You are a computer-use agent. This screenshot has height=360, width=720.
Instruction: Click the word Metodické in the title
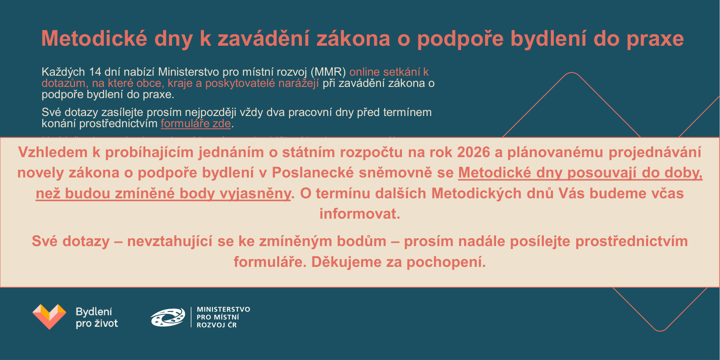pyautogui.click(x=94, y=38)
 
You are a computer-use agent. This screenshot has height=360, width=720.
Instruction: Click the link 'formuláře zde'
pyautogui.click(x=196, y=123)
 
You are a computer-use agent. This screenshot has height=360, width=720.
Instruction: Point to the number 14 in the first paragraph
pyautogui.click(x=95, y=72)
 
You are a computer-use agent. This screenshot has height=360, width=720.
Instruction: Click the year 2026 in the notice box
pyautogui.click(x=474, y=152)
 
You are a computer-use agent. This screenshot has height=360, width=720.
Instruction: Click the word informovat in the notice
pyautogui.click(x=359, y=214)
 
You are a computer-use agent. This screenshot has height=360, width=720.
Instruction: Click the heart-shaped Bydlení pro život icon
pyautogui.click(x=49, y=316)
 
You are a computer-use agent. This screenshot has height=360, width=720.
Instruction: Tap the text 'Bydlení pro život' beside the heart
pyautogui.click(x=97, y=318)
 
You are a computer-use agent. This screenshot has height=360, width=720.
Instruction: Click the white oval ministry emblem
pyautogui.click(x=168, y=317)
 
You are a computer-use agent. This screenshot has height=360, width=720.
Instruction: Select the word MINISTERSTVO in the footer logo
pyautogui.click(x=224, y=309)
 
